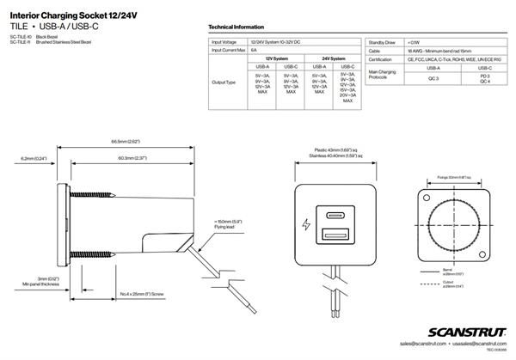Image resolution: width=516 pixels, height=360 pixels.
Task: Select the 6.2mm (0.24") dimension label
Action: click(34, 158)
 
